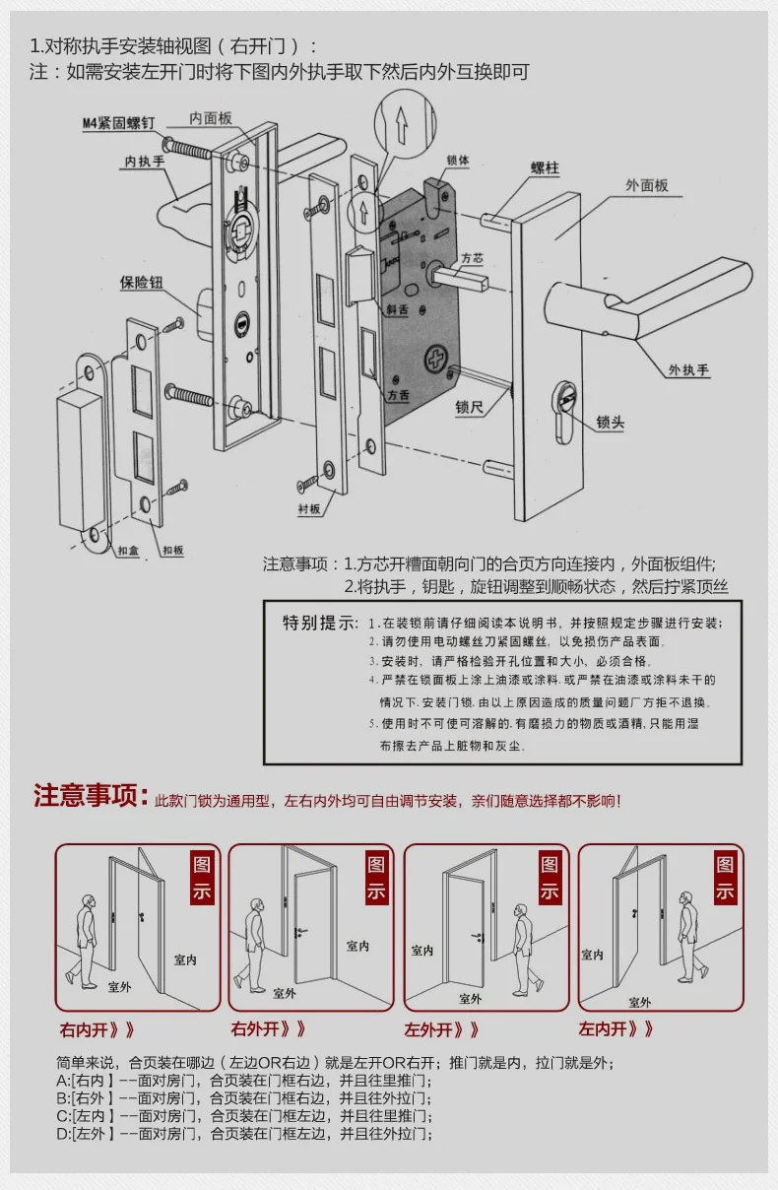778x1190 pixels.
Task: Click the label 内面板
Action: (x=211, y=117)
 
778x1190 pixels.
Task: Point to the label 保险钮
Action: (x=141, y=283)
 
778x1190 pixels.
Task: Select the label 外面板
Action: (x=647, y=184)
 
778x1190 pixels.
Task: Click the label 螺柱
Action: (x=544, y=167)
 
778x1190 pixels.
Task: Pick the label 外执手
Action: (x=689, y=369)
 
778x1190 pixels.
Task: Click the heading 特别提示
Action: (x=321, y=623)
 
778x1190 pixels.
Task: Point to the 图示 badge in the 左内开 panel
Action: (x=725, y=878)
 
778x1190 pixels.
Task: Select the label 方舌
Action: (x=399, y=394)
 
